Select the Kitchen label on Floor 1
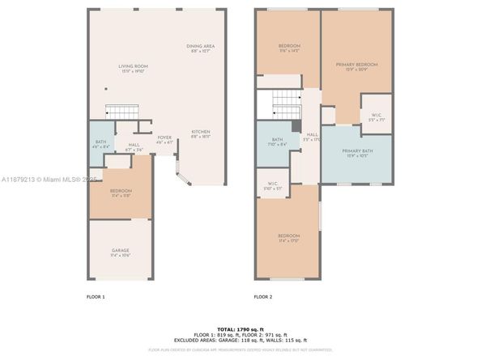pyautogui.click(x=201, y=134)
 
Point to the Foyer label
pyautogui.click(x=164, y=139)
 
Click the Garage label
pyautogui.click(x=120, y=252)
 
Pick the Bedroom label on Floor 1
pyautogui.click(x=120, y=193)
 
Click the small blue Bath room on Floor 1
pyautogui.click(x=100, y=143)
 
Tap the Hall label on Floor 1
pyautogui.click(x=133, y=147)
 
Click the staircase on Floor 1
pyautogui.click(x=119, y=111)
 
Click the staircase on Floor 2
pyautogui.click(x=284, y=103)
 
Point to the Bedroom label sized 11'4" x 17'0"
pyautogui.click(x=289, y=238)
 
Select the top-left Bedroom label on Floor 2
pyautogui.click(x=289, y=49)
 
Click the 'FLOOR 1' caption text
pyautogui.click(x=96, y=297)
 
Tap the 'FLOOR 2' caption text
pyautogui.click(x=262, y=297)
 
